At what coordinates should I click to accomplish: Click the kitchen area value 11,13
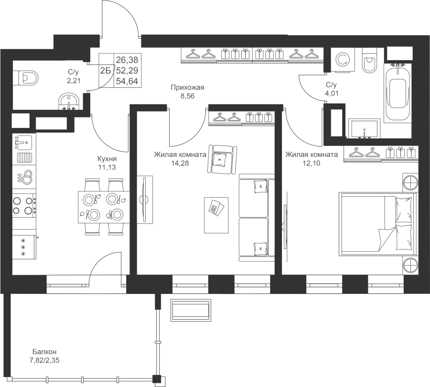[107, 167]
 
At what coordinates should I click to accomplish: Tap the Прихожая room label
[187, 88]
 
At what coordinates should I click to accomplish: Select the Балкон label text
[44, 352]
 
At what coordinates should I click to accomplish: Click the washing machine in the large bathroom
[343, 60]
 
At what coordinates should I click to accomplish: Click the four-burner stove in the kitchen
[24, 205]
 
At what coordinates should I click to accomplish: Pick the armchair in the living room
[222, 159]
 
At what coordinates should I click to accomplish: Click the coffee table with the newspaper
[216, 215]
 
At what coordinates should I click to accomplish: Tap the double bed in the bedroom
[376, 224]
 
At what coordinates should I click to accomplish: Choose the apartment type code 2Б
[105, 71]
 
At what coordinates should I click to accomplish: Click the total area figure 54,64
[127, 81]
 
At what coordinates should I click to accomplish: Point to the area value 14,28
[180, 164]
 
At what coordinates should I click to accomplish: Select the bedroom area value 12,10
[312, 164]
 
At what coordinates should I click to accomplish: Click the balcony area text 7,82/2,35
[44, 360]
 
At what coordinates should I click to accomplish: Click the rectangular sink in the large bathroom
[365, 128]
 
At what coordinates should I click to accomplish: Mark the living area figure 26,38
[127, 60]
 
